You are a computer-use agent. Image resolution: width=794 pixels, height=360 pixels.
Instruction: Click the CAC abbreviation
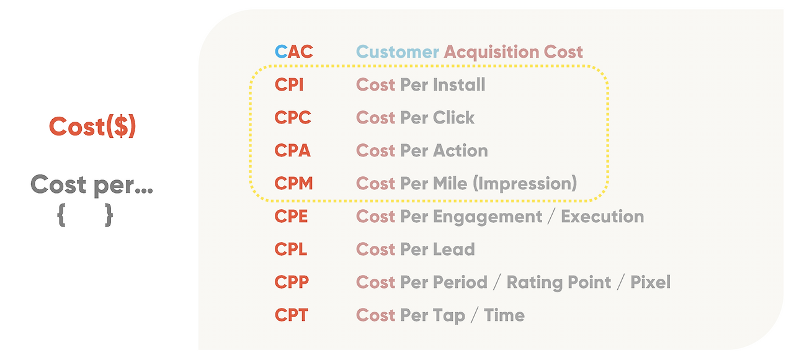(x=294, y=52)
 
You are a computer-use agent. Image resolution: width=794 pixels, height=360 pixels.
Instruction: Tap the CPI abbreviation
(x=289, y=85)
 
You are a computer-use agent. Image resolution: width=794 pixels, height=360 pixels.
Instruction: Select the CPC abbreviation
(x=293, y=118)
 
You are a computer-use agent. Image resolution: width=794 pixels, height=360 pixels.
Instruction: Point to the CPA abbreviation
(x=292, y=150)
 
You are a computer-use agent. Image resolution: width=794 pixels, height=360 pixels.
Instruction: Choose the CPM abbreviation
(x=294, y=183)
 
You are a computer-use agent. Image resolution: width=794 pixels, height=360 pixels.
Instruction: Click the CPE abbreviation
(x=291, y=217)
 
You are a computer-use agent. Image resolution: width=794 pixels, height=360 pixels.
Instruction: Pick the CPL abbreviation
(x=291, y=250)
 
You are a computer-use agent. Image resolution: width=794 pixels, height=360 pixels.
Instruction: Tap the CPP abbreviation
(x=292, y=282)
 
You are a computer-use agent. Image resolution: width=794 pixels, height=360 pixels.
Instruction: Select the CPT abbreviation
(x=292, y=315)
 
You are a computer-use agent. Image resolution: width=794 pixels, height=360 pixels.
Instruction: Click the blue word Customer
(x=398, y=52)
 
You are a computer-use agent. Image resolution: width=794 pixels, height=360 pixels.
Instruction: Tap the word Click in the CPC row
(x=453, y=117)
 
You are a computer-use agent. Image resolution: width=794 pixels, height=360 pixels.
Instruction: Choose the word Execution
(x=602, y=217)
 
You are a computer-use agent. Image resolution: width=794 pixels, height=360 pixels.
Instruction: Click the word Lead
(x=454, y=250)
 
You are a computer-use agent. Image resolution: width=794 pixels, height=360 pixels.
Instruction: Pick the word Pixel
(x=651, y=282)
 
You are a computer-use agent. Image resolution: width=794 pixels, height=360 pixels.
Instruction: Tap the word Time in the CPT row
(x=504, y=315)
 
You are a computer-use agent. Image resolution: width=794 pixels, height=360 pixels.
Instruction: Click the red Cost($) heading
(x=92, y=127)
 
